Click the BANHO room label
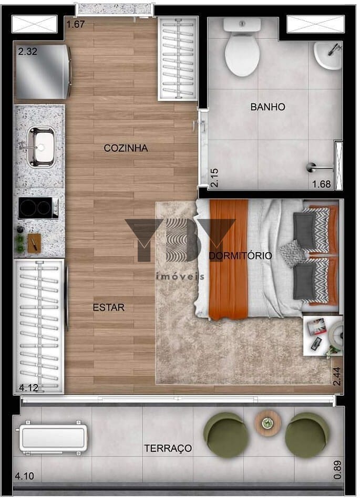[x=268, y=107]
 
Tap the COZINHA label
[x=126, y=148]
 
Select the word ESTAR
[x=109, y=307]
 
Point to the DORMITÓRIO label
[x=241, y=256]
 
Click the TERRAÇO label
[x=168, y=448]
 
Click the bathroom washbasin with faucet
[x=328, y=55]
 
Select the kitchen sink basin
[x=41, y=147]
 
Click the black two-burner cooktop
[x=38, y=207]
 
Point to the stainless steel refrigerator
[x=43, y=72]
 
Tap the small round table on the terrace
[x=268, y=423]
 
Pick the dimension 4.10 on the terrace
[x=25, y=476]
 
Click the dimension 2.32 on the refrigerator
[x=28, y=51]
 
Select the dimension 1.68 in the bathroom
[x=322, y=184]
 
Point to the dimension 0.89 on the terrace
[x=338, y=470]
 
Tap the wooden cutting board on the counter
[x=34, y=243]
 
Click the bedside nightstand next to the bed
[x=323, y=336]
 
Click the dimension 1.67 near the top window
[x=75, y=24]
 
